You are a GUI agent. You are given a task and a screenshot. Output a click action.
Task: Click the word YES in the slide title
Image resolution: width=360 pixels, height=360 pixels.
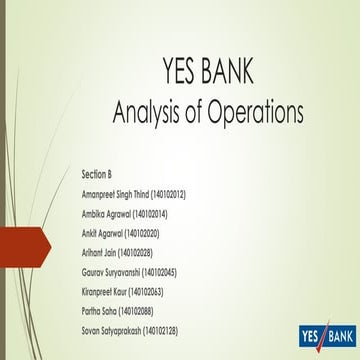[180, 72]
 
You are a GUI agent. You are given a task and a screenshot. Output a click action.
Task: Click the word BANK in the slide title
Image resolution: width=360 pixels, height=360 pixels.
[228, 72]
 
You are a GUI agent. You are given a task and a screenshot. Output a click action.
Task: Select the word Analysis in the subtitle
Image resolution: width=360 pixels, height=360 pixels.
[147, 107]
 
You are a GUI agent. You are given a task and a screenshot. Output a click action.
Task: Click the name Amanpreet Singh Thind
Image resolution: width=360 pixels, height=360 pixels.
[115, 193]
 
